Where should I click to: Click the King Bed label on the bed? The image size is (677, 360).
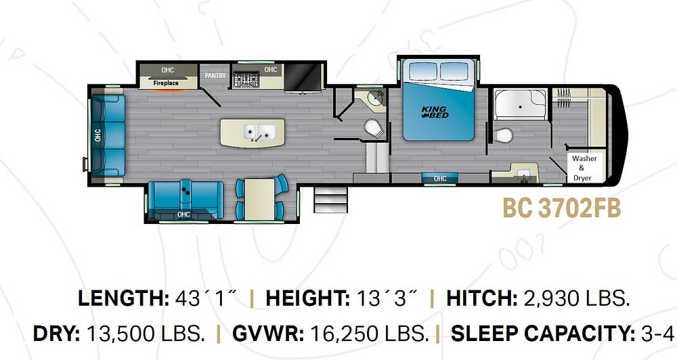click(x=435, y=112)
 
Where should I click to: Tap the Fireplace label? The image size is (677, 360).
click(x=166, y=83)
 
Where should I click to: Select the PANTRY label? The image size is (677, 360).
click(x=215, y=76)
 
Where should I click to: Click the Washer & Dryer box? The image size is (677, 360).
click(x=584, y=168)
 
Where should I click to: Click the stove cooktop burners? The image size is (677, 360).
click(x=246, y=80)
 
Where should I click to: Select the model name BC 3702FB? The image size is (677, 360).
click(x=562, y=208)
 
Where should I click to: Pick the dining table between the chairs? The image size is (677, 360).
click(x=259, y=200)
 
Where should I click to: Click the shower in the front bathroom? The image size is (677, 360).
click(x=520, y=104)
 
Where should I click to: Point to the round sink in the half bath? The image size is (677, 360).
click(x=375, y=98)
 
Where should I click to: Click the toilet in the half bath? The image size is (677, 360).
click(x=374, y=129)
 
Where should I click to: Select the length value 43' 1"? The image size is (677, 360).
click(x=206, y=298)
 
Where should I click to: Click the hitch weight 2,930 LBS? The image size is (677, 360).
click(x=576, y=298)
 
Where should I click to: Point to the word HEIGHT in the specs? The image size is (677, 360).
click(x=307, y=298)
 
